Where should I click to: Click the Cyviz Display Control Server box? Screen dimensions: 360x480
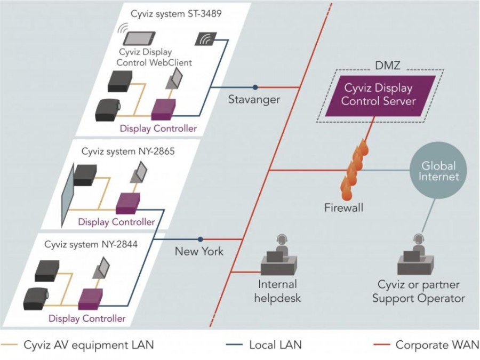coord(378,94)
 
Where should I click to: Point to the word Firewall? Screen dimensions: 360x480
coord(344,207)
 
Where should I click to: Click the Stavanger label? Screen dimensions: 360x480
coord(254,99)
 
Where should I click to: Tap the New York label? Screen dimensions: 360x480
coord(199,251)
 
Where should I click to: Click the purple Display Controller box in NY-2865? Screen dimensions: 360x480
coord(127,203)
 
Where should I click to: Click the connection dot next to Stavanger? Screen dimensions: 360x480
coord(255,87)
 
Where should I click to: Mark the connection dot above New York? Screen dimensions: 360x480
coord(201,239)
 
